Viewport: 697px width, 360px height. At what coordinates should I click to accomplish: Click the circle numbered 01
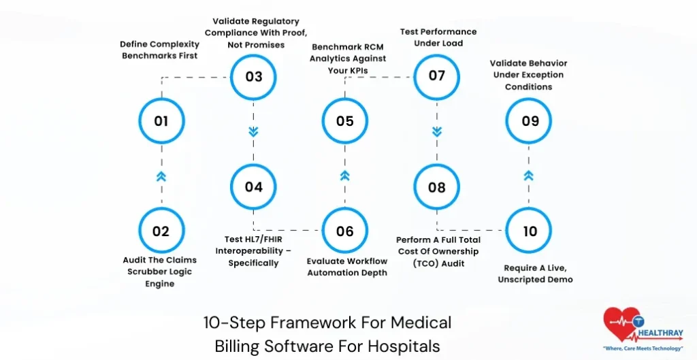pos(161,121)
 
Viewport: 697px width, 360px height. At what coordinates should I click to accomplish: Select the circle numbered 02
pos(161,231)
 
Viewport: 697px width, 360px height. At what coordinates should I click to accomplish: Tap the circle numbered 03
pos(253,76)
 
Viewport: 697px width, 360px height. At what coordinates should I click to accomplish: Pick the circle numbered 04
pos(253,186)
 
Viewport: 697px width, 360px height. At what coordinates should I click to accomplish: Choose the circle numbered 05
pos(345,121)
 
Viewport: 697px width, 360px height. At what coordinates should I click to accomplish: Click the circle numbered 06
pos(345,231)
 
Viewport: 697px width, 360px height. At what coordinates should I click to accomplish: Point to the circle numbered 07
pos(437,76)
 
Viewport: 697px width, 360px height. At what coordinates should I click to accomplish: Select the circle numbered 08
pos(437,186)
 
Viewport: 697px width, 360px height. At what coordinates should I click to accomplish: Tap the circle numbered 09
pos(530,121)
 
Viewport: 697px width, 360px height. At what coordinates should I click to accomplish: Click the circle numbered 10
pos(530,231)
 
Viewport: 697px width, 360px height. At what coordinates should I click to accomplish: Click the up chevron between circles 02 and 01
pos(161,176)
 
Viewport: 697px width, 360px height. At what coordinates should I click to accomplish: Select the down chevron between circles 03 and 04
pos(253,131)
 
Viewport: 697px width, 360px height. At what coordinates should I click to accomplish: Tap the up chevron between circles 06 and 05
pos(345,176)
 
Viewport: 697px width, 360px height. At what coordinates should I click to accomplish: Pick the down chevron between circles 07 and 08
pos(437,131)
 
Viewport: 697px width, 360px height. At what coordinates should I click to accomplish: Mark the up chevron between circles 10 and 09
pos(530,176)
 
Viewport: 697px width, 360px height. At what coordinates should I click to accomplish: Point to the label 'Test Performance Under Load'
pos(437,37)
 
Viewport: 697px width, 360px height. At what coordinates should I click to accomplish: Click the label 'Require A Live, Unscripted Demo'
pos(538,274)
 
